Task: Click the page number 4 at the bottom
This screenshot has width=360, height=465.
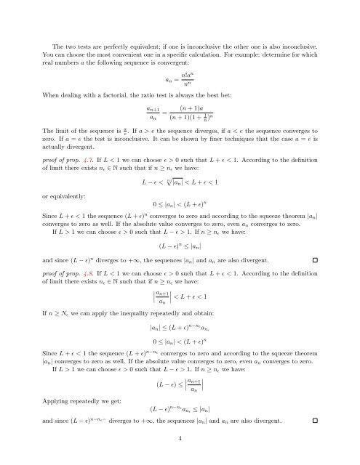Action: pos(180,439)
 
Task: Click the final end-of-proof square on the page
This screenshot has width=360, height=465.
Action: pos(313,421)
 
